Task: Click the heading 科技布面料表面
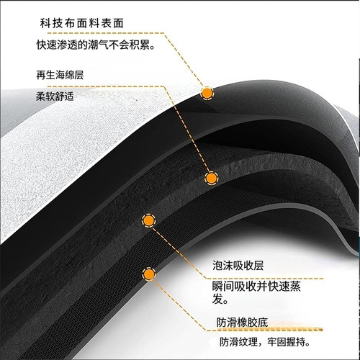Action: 82,23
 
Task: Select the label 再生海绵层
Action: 60,75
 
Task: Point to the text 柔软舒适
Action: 55,96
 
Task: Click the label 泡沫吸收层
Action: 238,266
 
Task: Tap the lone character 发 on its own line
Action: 217,299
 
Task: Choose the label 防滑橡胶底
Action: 242,323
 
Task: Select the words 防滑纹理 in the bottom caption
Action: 238,342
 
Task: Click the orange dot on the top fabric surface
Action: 207,94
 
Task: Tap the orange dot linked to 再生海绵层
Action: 211,178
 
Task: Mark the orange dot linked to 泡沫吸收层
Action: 148,220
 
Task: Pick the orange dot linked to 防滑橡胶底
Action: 149,274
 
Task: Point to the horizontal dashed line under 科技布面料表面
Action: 106,33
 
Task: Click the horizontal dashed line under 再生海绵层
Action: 106,86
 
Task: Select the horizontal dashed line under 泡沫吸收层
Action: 264,279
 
